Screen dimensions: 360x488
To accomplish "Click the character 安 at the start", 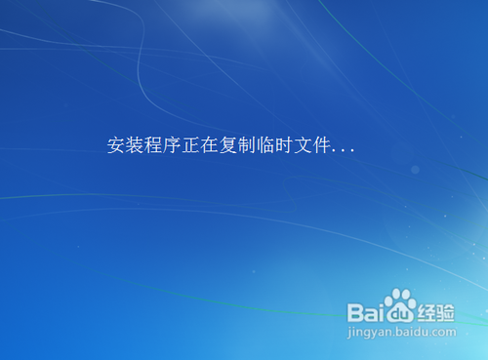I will coord(115,146).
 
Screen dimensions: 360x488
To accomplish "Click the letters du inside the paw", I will coord(399,314).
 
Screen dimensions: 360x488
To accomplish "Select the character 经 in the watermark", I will coord(428,312).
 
